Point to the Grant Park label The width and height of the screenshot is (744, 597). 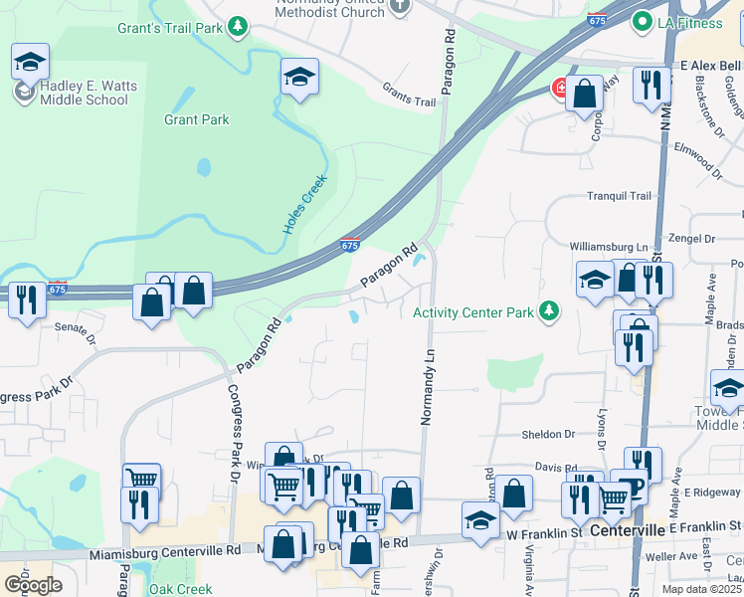197,120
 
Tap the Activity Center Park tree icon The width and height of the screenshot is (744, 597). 547,312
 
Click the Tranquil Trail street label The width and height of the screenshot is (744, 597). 618,196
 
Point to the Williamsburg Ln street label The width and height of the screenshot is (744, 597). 608,246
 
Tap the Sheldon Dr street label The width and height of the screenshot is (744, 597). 549,435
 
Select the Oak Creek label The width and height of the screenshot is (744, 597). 180,589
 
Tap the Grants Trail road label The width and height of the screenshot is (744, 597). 409,101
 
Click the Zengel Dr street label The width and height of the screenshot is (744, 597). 693,240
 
